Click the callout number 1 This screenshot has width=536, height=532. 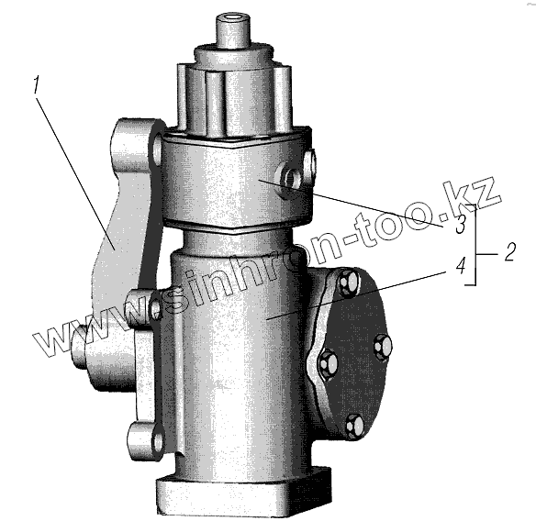point(37,85)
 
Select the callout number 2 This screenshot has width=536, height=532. point(509,252)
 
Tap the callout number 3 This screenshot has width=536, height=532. point(460,225)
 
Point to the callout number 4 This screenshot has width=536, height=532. point(461,266)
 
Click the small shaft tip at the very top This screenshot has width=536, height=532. point(233,31)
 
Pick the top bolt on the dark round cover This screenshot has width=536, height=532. point(349,282)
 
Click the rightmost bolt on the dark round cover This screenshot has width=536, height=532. point(382,347)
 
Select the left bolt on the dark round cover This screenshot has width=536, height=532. point(329,363)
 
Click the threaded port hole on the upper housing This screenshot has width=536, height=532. point(290,180)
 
